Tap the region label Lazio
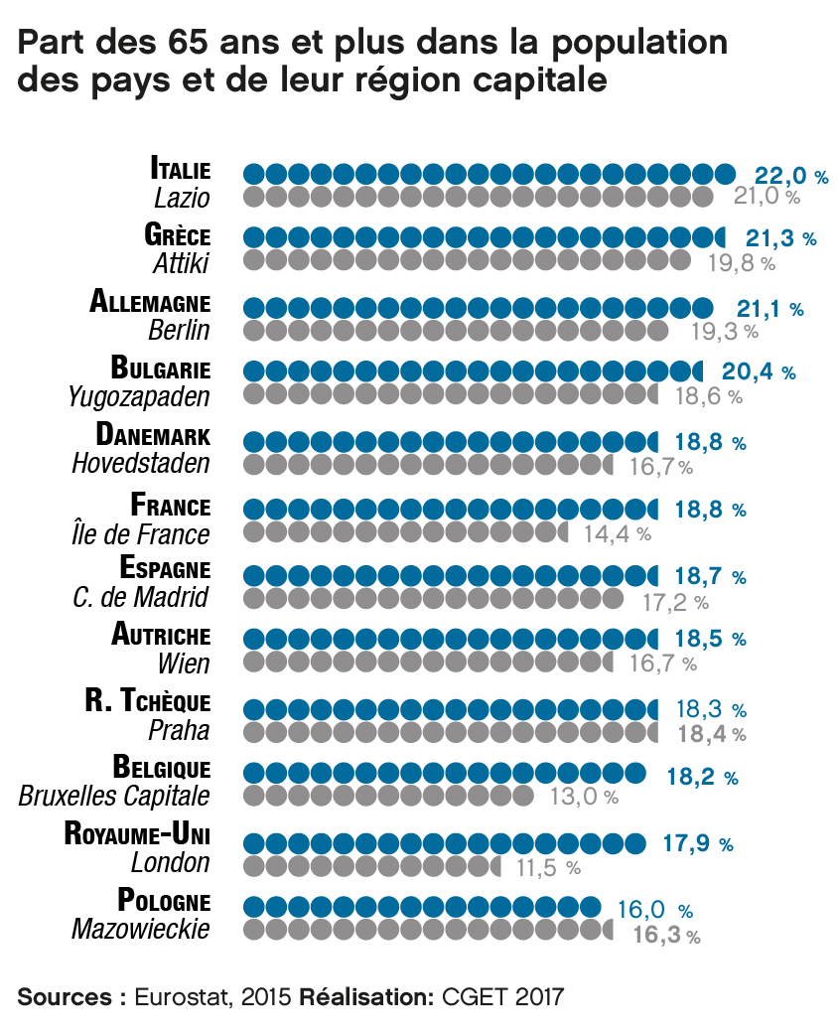coord(182,197)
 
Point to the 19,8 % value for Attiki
coord(741,263)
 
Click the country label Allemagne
coord(150,301)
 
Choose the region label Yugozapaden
coord(139,397)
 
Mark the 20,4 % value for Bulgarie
coord(759,372)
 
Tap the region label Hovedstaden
coord(141,463)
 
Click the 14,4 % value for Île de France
coord(617,533)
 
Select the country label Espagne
coord(165,569)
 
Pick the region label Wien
coord(184,662)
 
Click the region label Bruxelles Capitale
coord(114,796)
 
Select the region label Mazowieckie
coord(141,930)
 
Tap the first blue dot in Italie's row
coord(254,175)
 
